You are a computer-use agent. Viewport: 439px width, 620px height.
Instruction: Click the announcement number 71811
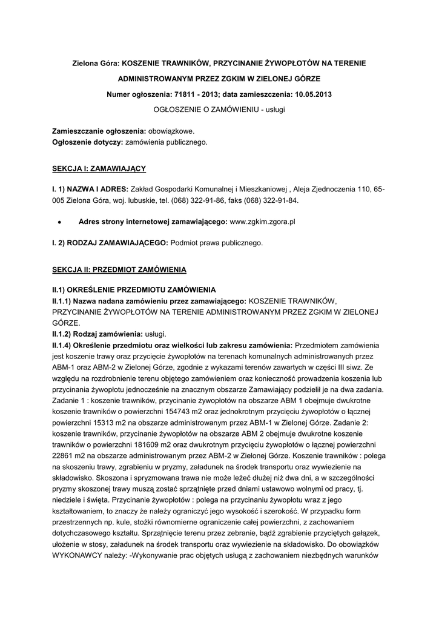pyautogui.click(x=184, y=95)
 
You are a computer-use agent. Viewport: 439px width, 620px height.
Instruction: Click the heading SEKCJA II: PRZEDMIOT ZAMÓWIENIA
pyautogui.click(x=119, y=268)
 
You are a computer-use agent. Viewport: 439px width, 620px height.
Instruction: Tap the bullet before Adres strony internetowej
pyautogui.click(x=58, y=222)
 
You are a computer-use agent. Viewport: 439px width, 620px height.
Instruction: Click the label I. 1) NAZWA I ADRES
pyautogui.click(x=90, y=189)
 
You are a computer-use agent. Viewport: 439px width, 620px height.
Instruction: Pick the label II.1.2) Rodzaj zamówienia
pyautogui.click(x=99, y=334)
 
